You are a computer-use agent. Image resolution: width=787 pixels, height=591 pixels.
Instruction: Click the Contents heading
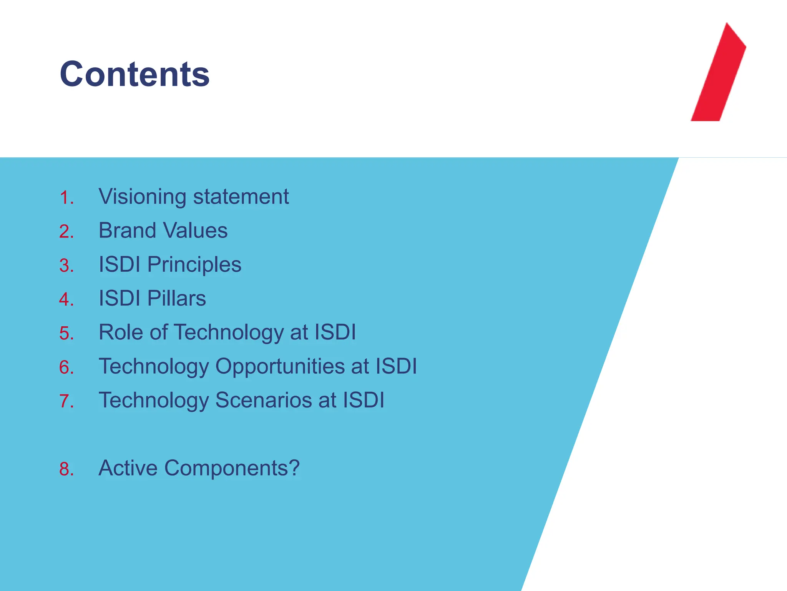click(x=134, y=74)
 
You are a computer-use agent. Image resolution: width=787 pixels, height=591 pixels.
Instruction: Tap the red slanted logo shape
click(x=718, y=77)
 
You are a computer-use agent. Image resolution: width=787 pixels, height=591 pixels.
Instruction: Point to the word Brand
click(x=127, y=230)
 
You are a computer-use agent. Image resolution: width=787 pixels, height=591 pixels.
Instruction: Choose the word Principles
click(x=194, y=265)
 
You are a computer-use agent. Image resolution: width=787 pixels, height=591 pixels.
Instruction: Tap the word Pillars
click(x=176, y=298)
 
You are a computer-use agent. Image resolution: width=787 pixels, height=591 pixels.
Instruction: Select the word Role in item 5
click(x=121, y=332)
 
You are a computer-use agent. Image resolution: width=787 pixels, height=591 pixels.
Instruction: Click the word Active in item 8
click(x=128, y=468)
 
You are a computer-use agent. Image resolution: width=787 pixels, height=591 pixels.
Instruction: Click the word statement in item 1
click(x=241, y=197)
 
